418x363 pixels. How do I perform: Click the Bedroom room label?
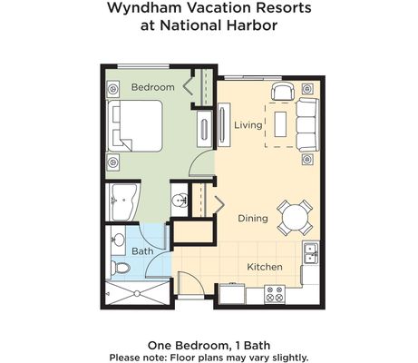(x=153, y=87)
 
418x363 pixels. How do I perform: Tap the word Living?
(x=248, y=124)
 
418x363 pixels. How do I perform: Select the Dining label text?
(x=253, y=218)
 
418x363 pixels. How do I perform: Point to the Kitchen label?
(x=265, y=267)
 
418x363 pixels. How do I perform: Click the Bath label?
(x=142, y=251)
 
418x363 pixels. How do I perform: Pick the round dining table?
(x=295, y=218)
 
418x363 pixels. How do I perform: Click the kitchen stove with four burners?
(x=275, y=294)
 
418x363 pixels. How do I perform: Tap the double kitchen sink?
(x=311, y=253)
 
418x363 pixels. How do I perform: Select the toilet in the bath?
(x=120, y=268)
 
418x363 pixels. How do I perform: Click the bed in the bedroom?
(x=135, y=125)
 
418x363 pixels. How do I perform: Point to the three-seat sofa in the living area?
(x=307, y=124)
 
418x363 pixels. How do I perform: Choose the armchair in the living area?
(x=283, y=91)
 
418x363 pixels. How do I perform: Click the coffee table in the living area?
(x=280, y=124)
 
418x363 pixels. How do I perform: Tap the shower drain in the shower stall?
(x=137, y=293)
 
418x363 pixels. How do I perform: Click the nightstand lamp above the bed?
(x=113, y=89)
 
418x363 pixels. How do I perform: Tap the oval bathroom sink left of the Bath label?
(x=118, y=240)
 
